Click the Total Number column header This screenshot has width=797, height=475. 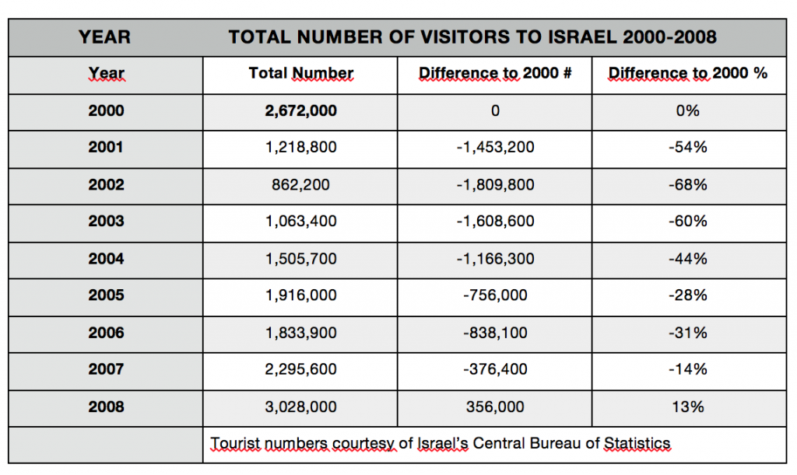pyautogui.click(x=300, y=74)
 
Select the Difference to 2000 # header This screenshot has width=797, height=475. pyautogui.click(x=495, y=74)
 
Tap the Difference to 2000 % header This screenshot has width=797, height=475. pyautogui.click(x=687, y=74)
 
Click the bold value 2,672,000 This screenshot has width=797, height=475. pyautogui.click(x=300, y=111)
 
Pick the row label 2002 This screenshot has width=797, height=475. pyautogui.click(x=106, y=185)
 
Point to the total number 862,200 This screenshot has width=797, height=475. pyautogui.click(x=300, y=185)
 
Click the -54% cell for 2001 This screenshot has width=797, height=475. pyautogui.click(x=687, y=148)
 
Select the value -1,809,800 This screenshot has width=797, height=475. pyautogui.click(x=495, y=185)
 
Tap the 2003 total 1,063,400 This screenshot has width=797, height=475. pyautogui.click(x=300, y=222)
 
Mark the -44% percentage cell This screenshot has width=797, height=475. pyautogui.click(x=687, y=259)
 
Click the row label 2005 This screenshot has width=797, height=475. pyautogui.click(x=106, y=295)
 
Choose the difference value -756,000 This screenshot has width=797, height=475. pyautogui.click(x=495, y=295)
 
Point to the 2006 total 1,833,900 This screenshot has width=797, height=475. pyautogui.click(x=300, y=333)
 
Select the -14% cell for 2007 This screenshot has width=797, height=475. pyautogui.click(x=687, y=369)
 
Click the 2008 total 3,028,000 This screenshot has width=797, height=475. pyautogui.click(x=300, y=407)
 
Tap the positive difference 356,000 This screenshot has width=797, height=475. pyautogui.click(x=495, y=407)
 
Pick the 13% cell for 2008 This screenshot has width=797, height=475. pyautogui.click(x=687, y=407)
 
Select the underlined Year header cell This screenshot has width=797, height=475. pyautogui.click(x=106, y=74)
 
